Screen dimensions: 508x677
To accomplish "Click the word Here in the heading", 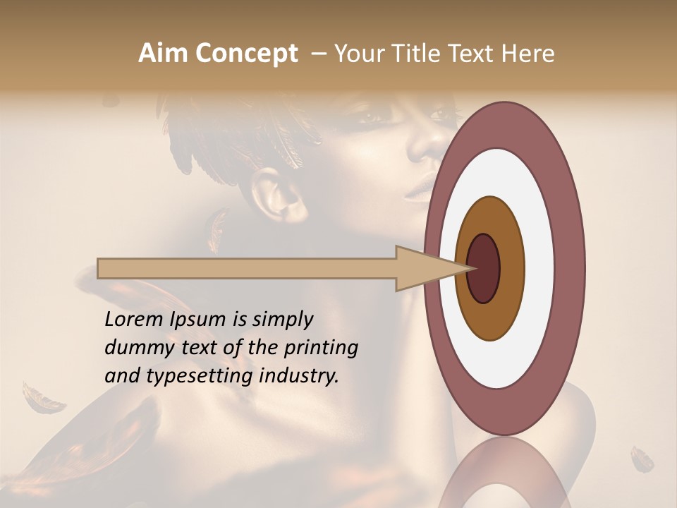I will (x=530, y=54).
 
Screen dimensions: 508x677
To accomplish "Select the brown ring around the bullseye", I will (x=511, y=268).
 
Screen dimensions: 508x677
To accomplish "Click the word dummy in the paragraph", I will (x=136, y=348).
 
